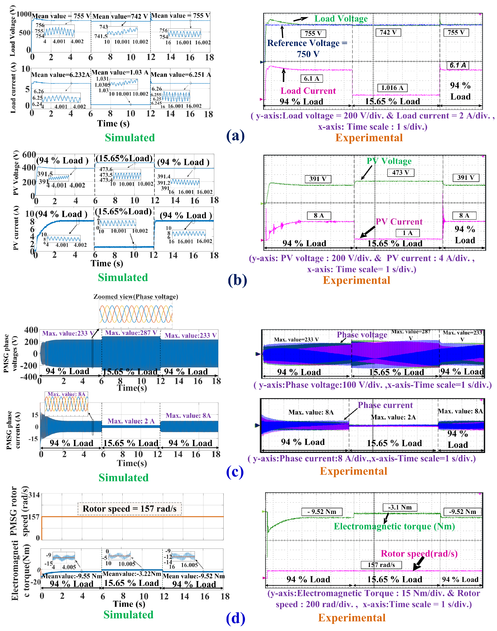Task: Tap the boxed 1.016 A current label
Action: click(x=392, y=88)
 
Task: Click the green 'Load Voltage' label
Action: click(x=341, y=19)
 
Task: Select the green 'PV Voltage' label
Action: click(x=389, y=161)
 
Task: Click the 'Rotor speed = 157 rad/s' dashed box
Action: click(x=129, y=509)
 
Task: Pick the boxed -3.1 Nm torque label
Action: click(x=400, y=507)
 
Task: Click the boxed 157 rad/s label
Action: click(x=381, y=565)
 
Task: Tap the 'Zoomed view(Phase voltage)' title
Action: click(x=136, y=297)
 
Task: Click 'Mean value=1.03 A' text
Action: click(x=120, y=72)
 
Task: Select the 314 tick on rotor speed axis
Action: click(x=34, y=495)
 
